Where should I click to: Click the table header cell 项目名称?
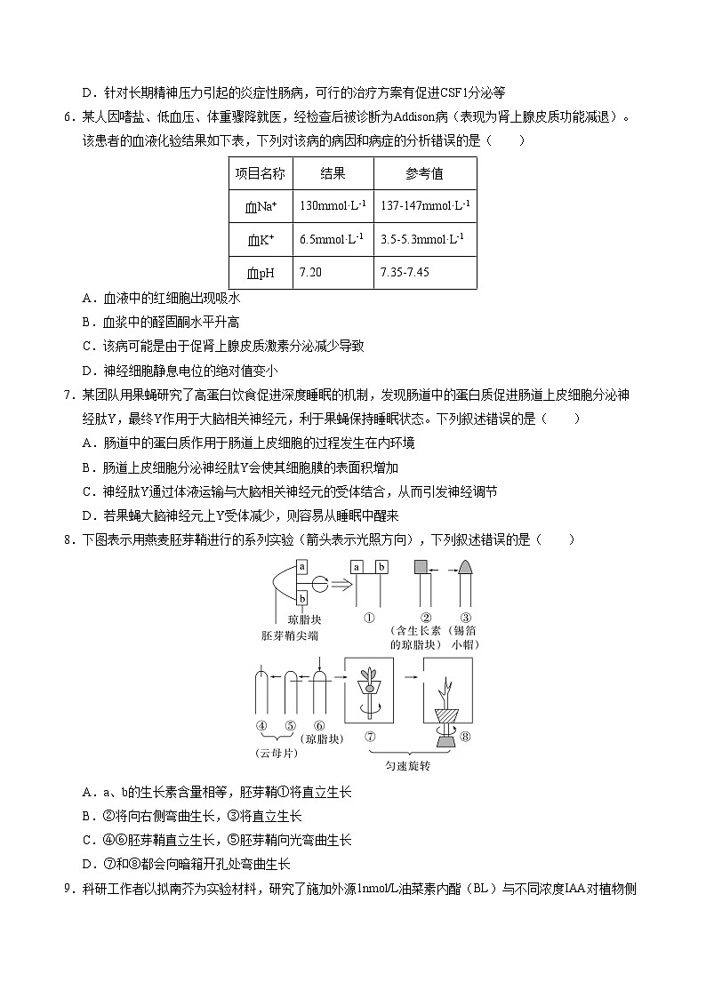click(260, 173)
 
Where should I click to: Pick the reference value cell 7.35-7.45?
click(405, 272)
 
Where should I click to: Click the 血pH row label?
click(260, 272)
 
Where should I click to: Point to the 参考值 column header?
click(424, 173)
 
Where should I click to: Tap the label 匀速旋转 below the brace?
click(407, 766)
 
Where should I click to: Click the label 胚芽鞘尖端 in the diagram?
click(290, 635)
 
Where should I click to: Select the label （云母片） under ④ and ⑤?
click(276, 753)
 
